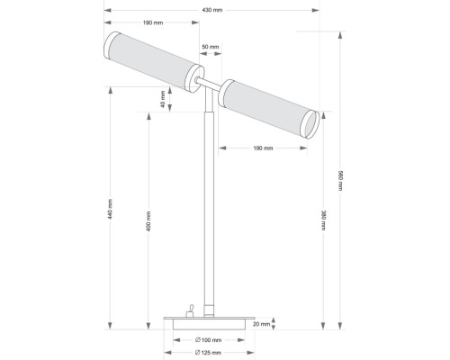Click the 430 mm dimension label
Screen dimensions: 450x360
point(212,10)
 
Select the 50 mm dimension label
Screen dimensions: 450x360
point(211,47)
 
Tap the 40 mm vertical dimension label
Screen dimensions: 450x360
point(163,99)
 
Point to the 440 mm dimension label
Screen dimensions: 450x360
point(110,209)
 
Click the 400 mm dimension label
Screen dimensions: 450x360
point(148,221)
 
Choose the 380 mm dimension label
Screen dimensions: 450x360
point(323,220)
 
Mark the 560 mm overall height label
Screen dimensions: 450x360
point(340,180)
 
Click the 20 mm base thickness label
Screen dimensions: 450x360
point(261,324)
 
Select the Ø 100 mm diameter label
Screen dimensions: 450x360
point(208,340)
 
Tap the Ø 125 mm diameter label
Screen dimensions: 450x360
point(208,353)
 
